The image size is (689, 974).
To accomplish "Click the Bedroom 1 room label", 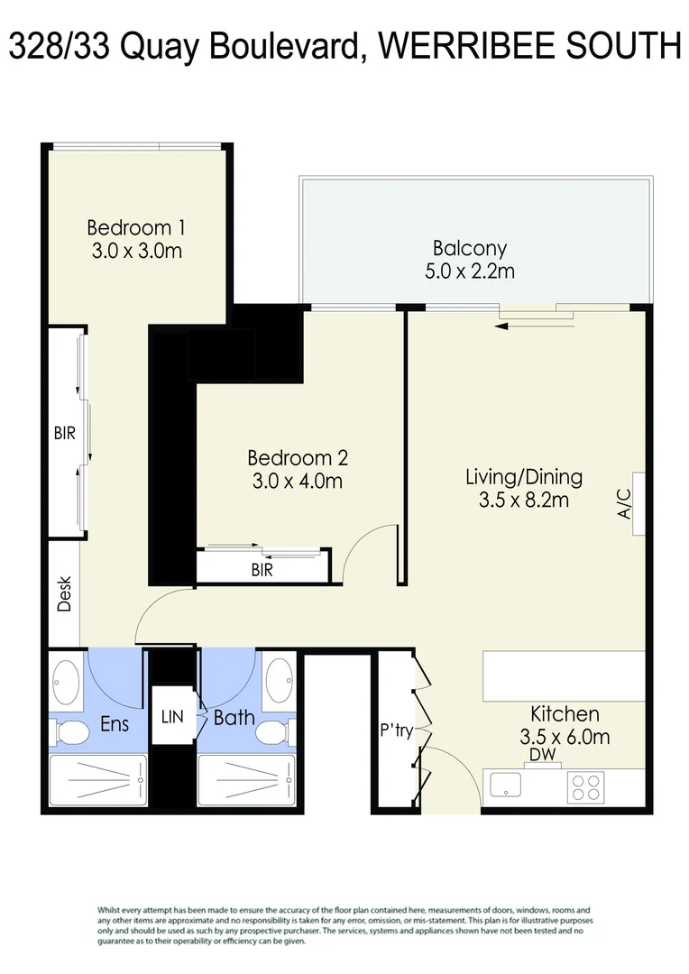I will (x=136, y=227).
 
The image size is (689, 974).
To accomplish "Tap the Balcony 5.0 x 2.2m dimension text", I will (x=469, y=271).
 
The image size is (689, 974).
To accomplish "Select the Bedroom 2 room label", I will (x=298, y=457).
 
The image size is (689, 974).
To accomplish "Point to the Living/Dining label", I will (x=523, y=476).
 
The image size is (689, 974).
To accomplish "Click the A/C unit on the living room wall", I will (x=637, y=504).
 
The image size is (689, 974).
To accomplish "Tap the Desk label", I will (x=64, y=594).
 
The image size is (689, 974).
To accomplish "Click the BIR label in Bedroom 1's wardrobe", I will (x=64, y=434).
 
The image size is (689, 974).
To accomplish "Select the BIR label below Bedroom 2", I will (x=262, y=570).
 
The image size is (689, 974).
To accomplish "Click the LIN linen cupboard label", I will (x=171, y=718).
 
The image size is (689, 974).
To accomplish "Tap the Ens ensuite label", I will (x=115, y=723).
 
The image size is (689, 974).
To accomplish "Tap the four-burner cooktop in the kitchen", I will (x=586, y=788).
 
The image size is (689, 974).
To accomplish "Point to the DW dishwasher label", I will (x=541, y=754).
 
